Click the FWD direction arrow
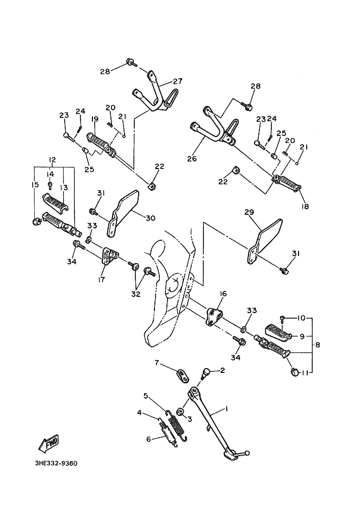[48, 443]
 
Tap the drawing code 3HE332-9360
[57, 463]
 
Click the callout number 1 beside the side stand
[227, 409]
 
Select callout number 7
[157, 363]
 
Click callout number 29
[250, 213]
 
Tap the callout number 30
[150, 217]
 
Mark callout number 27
[177, 82]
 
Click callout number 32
[135, 294]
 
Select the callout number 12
[52, 159]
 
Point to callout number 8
[318, 344]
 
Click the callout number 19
[95, 119]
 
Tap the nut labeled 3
[182, 412]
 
